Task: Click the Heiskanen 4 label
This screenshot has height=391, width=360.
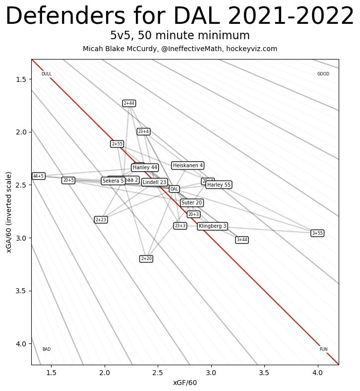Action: pos(187,165)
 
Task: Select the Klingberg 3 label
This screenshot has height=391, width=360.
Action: pos(213,226)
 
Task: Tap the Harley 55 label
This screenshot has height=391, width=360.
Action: pos(219,185)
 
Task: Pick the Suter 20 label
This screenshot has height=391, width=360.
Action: pos(191,203)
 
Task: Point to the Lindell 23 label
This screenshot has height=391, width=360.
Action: pos(154,182)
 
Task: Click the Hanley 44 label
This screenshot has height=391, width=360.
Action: pos(145,168)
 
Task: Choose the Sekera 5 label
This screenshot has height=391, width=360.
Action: pos(113,181)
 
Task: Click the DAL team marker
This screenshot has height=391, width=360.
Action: pos(174,189)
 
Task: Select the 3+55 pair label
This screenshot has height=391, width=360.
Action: pos(317,233)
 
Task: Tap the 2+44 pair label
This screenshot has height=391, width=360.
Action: pos(129,103)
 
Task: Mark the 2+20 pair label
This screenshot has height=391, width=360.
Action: pos(146,259)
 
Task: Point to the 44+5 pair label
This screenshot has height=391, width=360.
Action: pos(38,176)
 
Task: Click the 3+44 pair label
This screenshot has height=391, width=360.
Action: pos(242,240)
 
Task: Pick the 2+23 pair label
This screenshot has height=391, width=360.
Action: pos(101,219)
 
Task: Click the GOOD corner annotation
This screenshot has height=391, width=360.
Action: pos(323,74)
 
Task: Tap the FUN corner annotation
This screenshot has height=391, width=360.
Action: pos(323,349)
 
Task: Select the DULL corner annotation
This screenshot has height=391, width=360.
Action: pos(47,74)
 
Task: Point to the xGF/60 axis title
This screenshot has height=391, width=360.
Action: pos(185,383)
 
